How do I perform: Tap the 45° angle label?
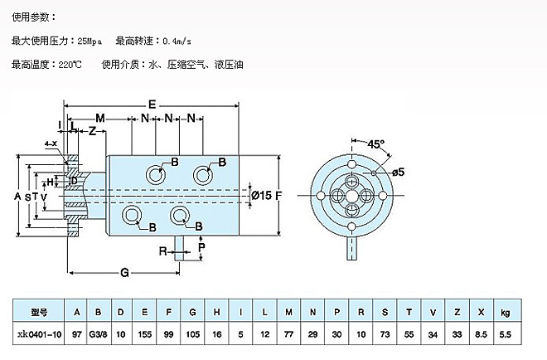377,144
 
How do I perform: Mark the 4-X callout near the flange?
52,144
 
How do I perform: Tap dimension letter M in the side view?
99,118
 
